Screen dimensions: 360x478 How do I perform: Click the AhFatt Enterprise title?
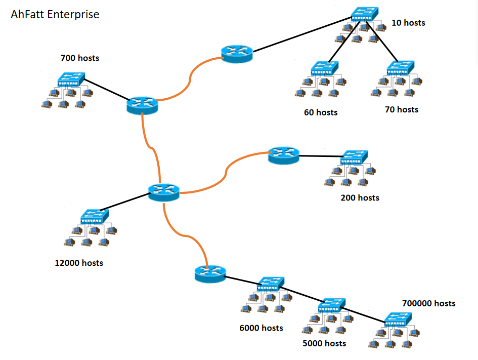(55, 14)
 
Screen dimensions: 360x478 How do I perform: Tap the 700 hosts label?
(80, 58)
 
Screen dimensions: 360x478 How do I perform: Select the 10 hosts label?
(408, 23)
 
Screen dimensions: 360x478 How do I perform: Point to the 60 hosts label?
(321, 112)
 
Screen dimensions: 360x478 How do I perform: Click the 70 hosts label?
(401, 109)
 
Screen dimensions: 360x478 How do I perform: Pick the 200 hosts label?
(360, 197)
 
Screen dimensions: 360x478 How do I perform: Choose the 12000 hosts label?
(79, 263)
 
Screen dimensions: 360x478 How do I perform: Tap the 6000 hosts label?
(261, 328)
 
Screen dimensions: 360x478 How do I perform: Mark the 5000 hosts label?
(324, 343)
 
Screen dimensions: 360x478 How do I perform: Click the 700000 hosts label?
(428, 303)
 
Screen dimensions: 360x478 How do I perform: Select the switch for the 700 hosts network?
(71, 78)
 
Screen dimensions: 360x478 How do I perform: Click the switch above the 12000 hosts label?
(94, 216)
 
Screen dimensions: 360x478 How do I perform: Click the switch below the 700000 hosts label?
(398, 319)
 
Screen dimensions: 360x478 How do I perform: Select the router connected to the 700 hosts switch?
(142, 104)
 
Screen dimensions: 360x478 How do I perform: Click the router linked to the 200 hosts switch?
(283, 154)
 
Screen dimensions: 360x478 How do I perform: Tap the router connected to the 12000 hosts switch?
(164, 192)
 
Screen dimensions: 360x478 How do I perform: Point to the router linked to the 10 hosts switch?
(236, 53)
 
